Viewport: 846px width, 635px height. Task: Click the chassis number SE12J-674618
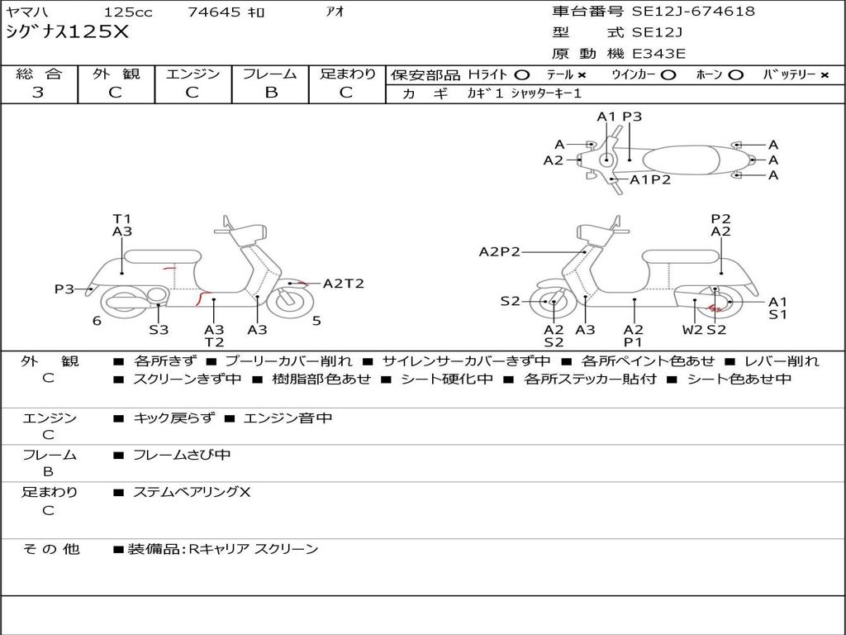click(693, 12)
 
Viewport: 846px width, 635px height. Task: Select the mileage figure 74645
click(214, 12)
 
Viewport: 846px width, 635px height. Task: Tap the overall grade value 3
click(38, 93)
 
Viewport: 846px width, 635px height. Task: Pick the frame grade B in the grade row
click(270, 93)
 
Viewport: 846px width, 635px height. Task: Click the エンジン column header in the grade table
click(192, 74)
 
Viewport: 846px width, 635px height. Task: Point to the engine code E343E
click(658, 54)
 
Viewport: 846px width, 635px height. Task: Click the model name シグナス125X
click(68, 32)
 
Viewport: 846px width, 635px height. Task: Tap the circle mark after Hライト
click(521, 74)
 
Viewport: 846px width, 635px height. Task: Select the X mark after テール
click(582, 74)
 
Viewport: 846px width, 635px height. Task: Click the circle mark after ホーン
click(735, 74)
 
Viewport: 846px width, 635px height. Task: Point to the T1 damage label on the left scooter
click(121, 218)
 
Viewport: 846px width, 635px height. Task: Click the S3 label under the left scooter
click(159, 329)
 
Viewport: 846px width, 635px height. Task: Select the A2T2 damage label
click(343, 284)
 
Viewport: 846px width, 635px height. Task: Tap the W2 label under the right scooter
click(692, 329)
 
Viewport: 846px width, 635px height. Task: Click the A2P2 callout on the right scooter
click(500, 251)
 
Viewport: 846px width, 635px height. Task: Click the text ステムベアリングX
click(192, 492)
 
